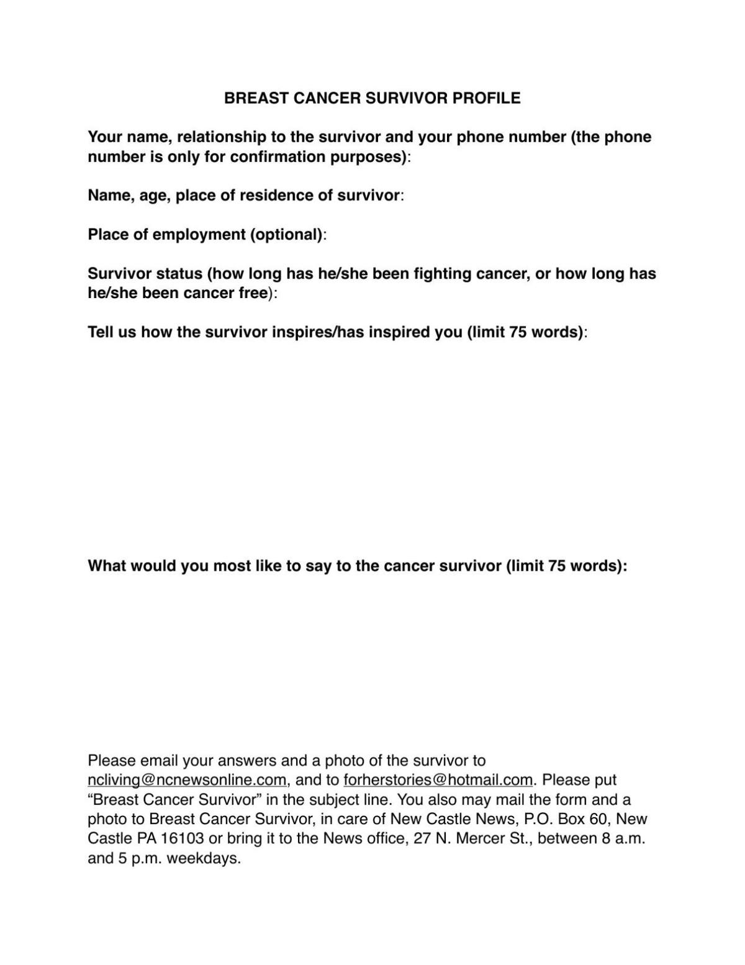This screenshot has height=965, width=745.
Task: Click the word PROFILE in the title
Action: (x=486, y=98)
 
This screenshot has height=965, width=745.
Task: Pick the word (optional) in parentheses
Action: (x=286, y=235)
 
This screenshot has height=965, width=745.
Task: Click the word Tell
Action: (x=99, y=332)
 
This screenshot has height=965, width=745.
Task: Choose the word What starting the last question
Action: (x=106, y=566)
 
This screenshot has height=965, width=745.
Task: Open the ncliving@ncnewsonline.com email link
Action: (x=187, y=780)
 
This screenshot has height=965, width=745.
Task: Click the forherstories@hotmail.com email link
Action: (x=438, y=780)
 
